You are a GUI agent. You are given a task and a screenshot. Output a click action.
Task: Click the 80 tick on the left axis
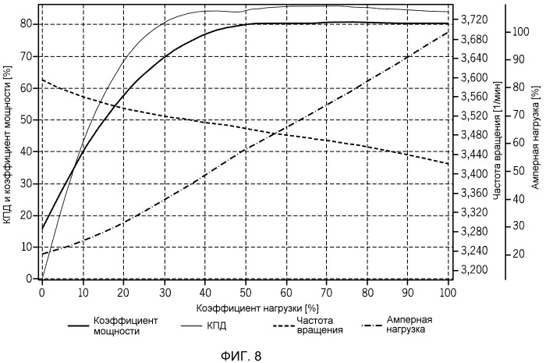coord(28,23)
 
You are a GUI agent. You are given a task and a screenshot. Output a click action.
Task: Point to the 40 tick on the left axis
coord(28,151)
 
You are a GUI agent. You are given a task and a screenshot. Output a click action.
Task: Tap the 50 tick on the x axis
coord(246,292)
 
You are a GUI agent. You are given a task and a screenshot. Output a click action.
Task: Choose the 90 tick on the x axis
coord(408,292)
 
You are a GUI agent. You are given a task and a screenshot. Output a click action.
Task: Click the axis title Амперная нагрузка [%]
coord(535,144)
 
